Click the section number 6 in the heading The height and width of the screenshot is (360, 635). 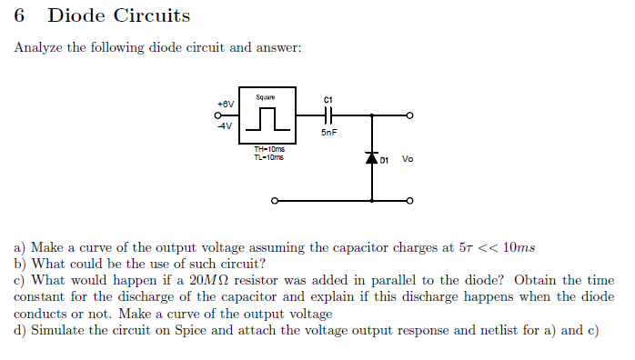click(20, 16)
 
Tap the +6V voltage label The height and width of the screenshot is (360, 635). click(225, 104)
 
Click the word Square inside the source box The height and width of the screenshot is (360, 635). click(265, 97)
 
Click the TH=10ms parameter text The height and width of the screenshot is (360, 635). click(268, 150)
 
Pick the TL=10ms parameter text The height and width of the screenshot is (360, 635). click(268, 157)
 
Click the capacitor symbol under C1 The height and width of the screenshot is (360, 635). click(328, 115)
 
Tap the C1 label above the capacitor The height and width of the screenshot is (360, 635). click(328, 99)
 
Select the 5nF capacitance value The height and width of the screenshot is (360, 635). click(328, 133)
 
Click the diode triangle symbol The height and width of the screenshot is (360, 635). click(371, 158)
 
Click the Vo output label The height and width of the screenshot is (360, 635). click(407, 159)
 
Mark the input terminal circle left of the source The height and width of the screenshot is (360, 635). click(218, 115)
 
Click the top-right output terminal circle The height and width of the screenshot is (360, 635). click(410, 115)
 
